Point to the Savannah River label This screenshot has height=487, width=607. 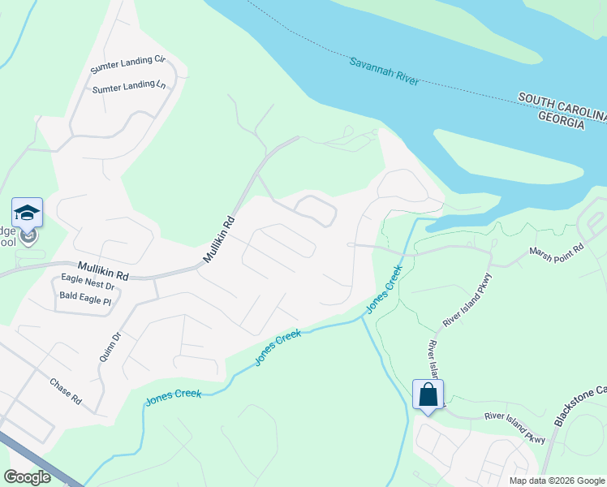[384, 72]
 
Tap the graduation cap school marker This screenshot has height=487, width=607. [27, 213]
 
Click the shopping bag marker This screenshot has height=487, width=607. [428, 395]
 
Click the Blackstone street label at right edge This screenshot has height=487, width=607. [579, 403]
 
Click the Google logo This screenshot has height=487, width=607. [28, 476]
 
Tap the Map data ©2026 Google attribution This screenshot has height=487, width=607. [556, 481]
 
